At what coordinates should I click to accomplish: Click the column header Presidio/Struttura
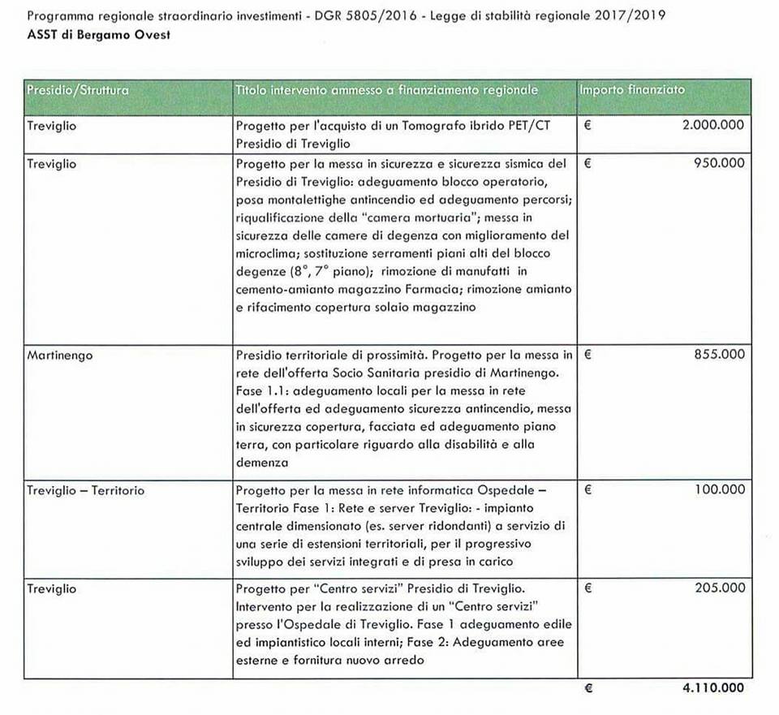click(x=78, y=90)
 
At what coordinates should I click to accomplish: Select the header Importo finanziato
click(x=632, y=90)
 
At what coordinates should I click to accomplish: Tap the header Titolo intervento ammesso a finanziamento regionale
click(x=386, y=90)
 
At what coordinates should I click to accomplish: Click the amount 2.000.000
click(x=712, y=127)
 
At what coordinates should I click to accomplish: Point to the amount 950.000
click(x=719, y=163)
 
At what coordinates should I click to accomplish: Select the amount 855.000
click(x=719, y=355)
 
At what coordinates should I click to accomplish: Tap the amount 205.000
click(x=719, y=587)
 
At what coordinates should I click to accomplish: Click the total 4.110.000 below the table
click(x=712, y=688)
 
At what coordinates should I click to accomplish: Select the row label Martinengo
click(x=58, y=355)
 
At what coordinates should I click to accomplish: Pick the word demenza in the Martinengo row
click(x=262, y=462)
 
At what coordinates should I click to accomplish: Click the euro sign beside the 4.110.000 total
click(x=588, y=688)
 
